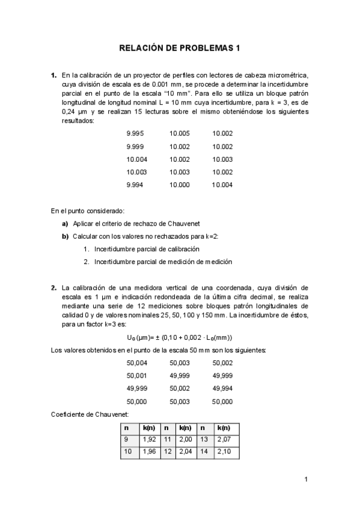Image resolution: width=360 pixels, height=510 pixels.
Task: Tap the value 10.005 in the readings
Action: point(180,134)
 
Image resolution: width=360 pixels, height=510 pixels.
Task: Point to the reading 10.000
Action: point(180,185)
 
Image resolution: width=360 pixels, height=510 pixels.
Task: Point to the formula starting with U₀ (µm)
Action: point(180,337)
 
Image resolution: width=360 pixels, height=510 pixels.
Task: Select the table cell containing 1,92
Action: point(148,440)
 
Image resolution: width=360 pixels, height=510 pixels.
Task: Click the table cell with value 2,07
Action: point(224,440)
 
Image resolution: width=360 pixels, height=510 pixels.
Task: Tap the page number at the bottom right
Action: point(306,479)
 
